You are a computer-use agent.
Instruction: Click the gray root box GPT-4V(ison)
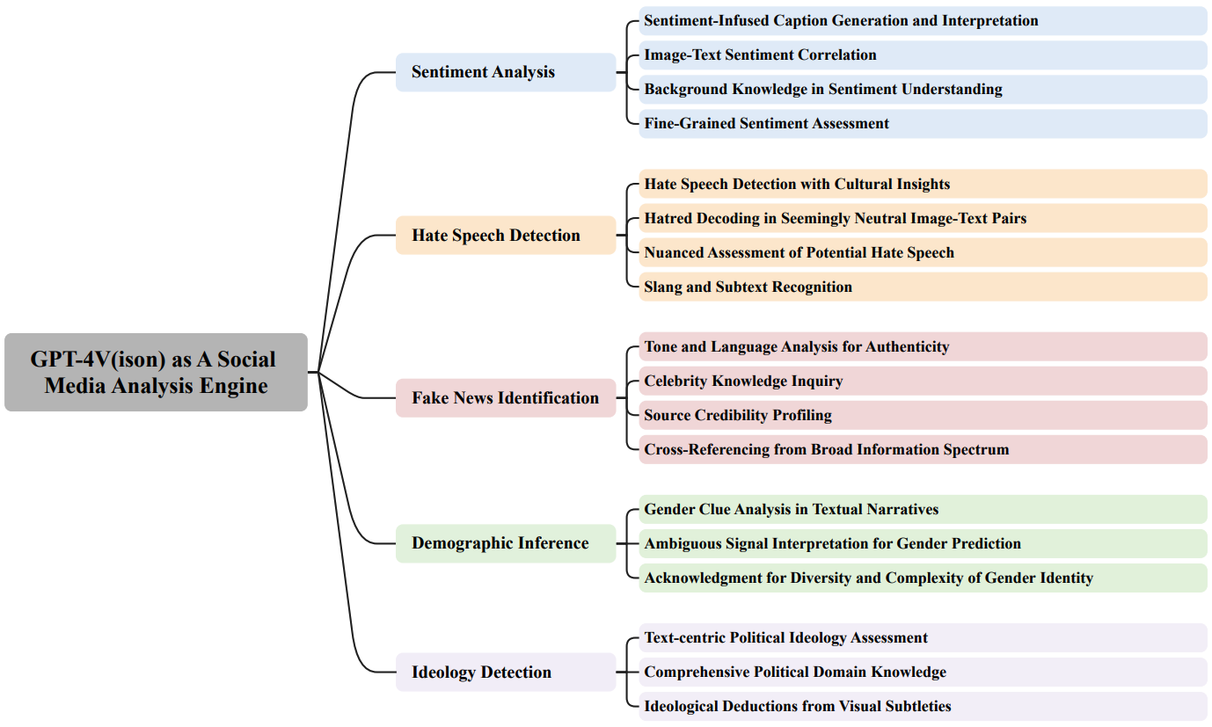(x=156, y=372)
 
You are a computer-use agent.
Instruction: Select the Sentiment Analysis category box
(x=506, y=72)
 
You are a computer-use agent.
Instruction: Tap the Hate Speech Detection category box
(x=506, y=235)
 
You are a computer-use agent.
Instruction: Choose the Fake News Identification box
(x=506, y=397)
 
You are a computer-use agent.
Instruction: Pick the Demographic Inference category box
(x=506, y=543)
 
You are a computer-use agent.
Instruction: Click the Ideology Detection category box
(x=506, y=672)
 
